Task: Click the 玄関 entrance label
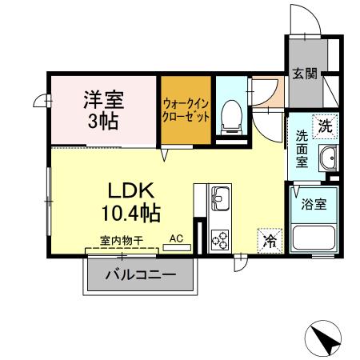[x=304, y=74]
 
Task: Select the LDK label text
[x=130, y=192]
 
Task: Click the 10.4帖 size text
[x=130, y=214]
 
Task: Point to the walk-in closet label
[x=186, y=110]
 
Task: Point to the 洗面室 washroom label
[x=302, y=148]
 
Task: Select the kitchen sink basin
[x=218, y=198]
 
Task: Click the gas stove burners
[x=219, y=238]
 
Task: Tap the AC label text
[x=178, y=238]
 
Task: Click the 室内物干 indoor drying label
[x=122, y=238]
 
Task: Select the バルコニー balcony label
[x=139, y=276]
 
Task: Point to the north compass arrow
[x=328, y=339]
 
